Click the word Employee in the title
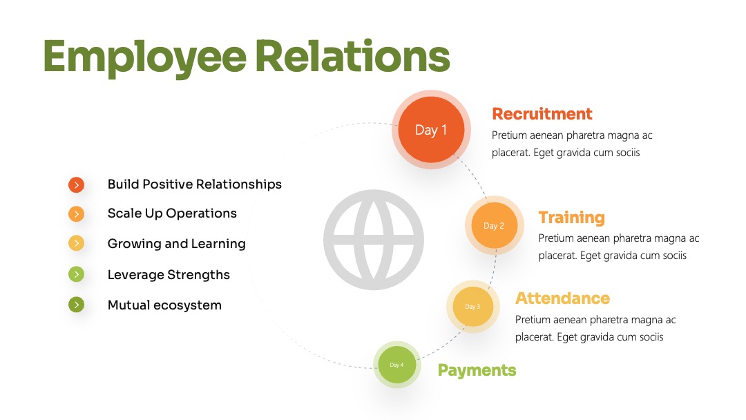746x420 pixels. click(144, 58)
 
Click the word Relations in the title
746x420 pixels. click(352, 56)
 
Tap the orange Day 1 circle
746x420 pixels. click(431, 129)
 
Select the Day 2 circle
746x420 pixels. click(495, 225)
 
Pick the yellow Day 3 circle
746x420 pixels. click(473, 306)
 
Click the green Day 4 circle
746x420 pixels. click(396, 365)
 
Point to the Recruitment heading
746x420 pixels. click(542, 114)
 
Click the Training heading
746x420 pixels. click(571, 218)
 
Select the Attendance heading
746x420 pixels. click(562, 298)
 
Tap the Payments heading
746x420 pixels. click(477, 370)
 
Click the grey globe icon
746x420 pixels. click(374, 240)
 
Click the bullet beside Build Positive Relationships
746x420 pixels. click(76, 184)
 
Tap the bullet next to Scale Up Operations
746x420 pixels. click(76, 214)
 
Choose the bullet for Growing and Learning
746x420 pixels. click(76, 244)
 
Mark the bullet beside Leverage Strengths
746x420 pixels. click(76, 274)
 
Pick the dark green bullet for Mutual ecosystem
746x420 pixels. click(76, 305)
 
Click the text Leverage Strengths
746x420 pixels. click(169, 275)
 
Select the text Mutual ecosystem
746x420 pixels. click(164, 305)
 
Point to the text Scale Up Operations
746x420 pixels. click(172, 213)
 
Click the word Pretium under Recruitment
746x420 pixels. click(508, 135)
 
